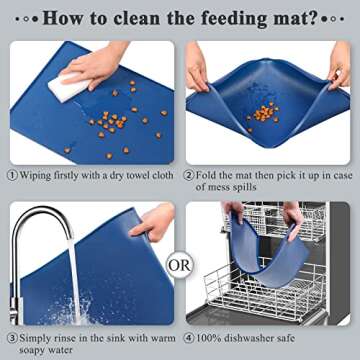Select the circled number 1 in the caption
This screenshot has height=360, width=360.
point(12,175)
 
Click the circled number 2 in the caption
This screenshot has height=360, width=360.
point(193,175)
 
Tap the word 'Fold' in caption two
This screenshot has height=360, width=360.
point(214,175)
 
